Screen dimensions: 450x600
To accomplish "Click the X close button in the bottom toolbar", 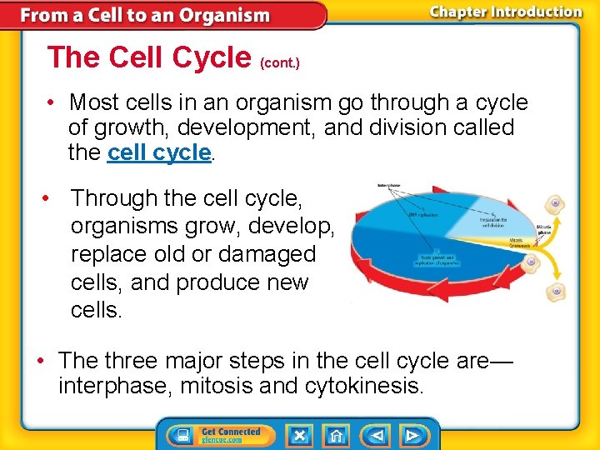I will click(x=299, y=435).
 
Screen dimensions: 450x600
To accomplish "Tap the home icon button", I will click(x=335, y=435).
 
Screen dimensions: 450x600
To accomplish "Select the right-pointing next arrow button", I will click(x=411, y=435).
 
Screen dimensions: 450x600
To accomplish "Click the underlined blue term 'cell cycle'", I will click(x=159, y=152).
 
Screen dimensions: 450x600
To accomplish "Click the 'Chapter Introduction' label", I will click(x=506, y=12).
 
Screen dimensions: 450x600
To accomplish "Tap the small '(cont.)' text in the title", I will click(x=280, y=62).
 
